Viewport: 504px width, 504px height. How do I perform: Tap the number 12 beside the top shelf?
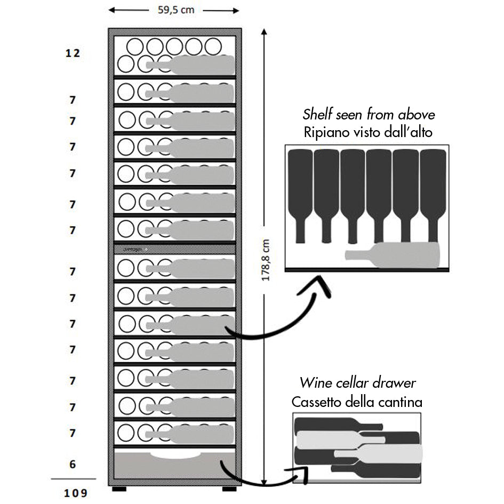(x=73, y=53)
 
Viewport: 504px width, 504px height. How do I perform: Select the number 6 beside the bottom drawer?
(x=73, y=464)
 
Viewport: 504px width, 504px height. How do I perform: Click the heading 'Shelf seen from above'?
(x=369, y=114)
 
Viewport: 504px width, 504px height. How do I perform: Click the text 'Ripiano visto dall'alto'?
(x=369, y=132)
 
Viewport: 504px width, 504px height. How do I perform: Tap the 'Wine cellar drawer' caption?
(x=357, y=382)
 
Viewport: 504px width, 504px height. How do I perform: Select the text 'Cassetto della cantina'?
(x=357, y=402)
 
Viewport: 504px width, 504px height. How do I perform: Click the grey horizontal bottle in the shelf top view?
(x=395, y=255)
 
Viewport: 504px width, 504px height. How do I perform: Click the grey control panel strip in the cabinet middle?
(x=174, y=249)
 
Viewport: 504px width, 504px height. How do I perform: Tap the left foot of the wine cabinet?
(x=119, y=489)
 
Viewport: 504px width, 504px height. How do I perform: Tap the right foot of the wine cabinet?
(x=229, y=489)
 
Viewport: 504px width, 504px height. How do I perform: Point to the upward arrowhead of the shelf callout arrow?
(x=322, y=284)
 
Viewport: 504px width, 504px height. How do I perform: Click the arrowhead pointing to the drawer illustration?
(x=303, y=471)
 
